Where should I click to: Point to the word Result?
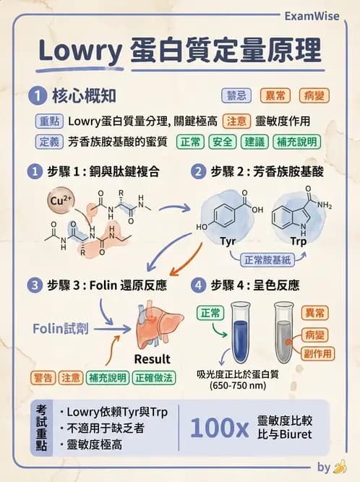click(152, 359)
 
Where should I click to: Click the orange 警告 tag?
click(43, 378)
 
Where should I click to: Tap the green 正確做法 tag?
click(154, 378)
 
